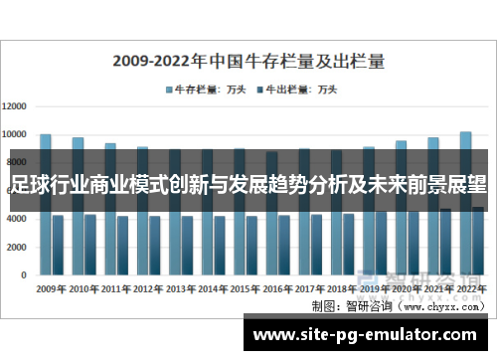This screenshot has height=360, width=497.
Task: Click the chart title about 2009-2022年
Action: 248,60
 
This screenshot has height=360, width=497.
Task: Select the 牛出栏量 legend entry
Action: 295,90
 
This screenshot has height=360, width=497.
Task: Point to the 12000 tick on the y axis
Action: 18,105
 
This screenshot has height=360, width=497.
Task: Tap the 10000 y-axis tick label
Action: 18,134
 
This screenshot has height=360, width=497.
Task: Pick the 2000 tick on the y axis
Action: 20,246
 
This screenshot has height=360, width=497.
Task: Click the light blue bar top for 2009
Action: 45,136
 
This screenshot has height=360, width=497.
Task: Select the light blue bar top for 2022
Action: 465,134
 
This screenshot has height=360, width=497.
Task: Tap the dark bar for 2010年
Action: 90,244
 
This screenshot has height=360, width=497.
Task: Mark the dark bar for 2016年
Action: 284,244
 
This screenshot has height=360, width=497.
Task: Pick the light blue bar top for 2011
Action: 110,145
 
